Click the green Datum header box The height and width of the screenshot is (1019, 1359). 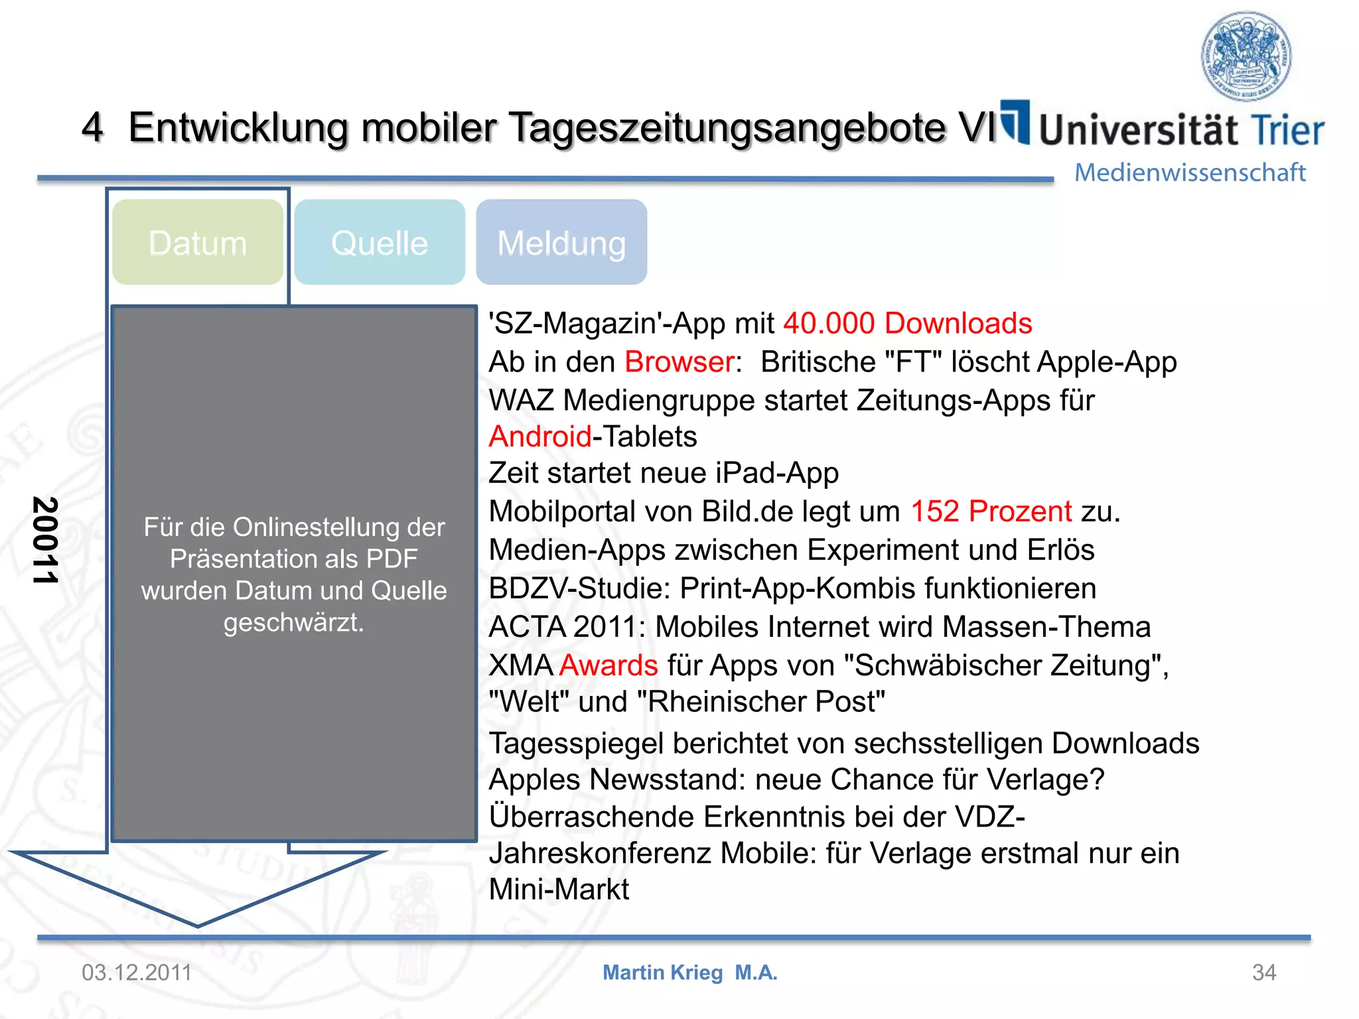[x=198, y=243]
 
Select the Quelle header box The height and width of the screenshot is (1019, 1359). [x=380, y=243]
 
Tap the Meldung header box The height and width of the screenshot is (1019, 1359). [x=561, y=243]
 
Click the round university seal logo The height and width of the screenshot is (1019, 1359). [x=1246, y=56]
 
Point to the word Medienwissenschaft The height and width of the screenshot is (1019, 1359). [x=1190, y=172]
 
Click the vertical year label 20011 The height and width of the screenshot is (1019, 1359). [x=45, y=540]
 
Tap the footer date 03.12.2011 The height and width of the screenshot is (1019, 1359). [x=137, y=973]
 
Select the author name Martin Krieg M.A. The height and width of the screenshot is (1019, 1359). [x=689, y=973]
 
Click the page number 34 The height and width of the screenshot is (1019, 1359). [x=1263, y=973]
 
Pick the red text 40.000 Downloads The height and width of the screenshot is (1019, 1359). [x=907, y=324]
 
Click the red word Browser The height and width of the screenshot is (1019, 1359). [x=679, y=362]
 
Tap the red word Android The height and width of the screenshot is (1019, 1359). [x=540, y=437]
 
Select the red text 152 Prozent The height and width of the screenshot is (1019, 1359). [x=991, y=511]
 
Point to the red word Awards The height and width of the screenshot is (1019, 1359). [x=608, y=665]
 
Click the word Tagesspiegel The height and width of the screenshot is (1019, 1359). [x=576, y=744]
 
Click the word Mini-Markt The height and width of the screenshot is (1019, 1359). [x=559, y=890]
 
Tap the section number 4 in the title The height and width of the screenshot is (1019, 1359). [x=93, y=127]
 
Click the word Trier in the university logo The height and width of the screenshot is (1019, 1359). [x=1287, y=130]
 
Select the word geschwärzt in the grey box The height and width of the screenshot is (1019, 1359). [x=293, y=622]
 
